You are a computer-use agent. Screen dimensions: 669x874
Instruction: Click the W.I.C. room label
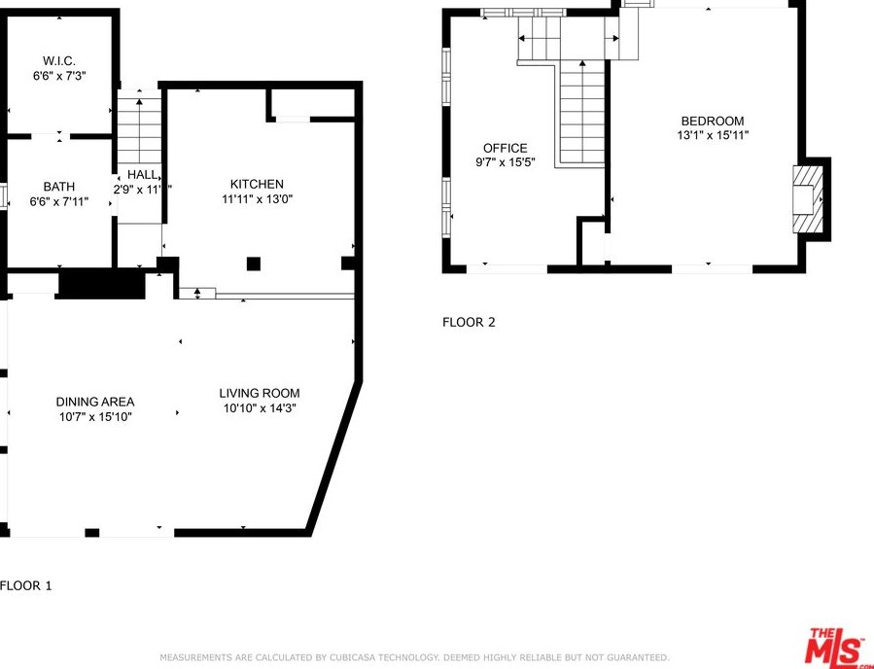pos(59,61)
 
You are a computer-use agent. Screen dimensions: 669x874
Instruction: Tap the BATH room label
pos(59,187)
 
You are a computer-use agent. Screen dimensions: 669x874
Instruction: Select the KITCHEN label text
pos(257,184)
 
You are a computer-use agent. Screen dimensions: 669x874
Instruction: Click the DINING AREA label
pos(95,402)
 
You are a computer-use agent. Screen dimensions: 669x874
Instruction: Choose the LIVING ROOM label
pos(260,393)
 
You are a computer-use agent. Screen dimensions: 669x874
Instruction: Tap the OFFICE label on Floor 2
pos(506,148)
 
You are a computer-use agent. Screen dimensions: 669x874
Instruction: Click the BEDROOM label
pos(713,121)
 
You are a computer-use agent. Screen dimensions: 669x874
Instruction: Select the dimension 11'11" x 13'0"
pos(257,199)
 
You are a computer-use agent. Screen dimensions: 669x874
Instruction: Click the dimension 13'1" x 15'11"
pos(713,136)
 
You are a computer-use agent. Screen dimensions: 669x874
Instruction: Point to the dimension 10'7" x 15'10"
pos(95,417)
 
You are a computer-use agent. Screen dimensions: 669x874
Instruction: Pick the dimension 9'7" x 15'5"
pos(506,162)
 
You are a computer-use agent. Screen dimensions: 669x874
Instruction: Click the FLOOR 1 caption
pos(26,585)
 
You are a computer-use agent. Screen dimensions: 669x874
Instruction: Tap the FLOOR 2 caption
pos(469,322)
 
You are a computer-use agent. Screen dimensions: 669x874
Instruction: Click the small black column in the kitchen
pos(254,263)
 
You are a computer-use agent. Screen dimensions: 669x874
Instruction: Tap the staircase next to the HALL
pos(139,126)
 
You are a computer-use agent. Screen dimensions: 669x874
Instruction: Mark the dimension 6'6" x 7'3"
pos(59,76)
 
